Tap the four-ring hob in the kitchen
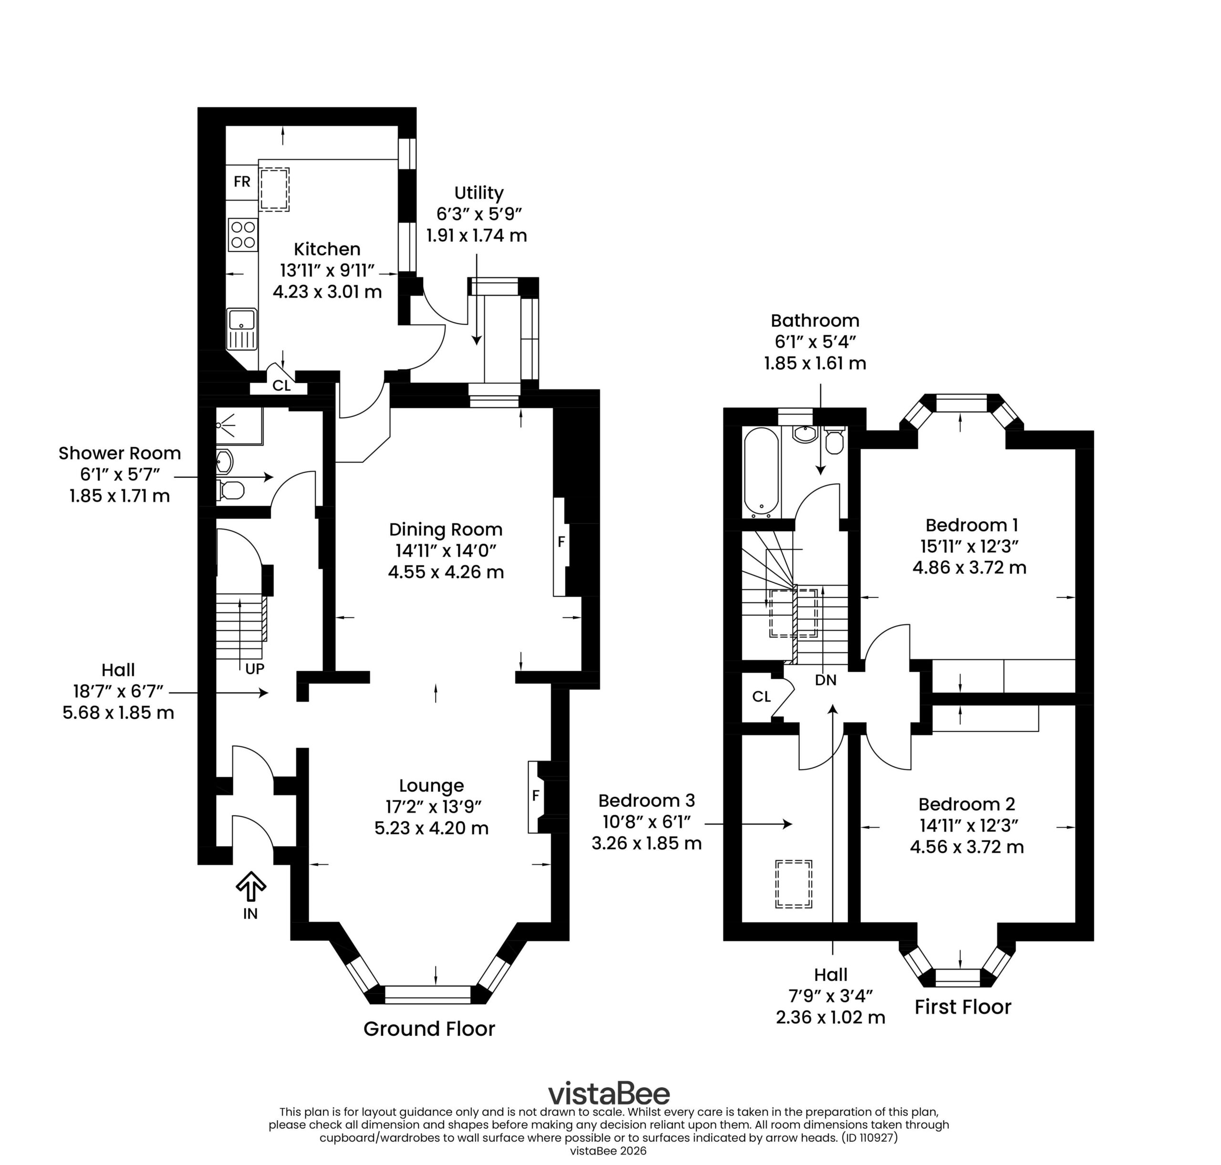pos(243,235)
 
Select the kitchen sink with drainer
pos(242,329)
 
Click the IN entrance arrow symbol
pos(250,886)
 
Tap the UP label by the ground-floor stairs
pos(255,669)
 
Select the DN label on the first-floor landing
pos(826,680)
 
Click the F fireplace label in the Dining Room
pos(561,542)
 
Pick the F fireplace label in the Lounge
pos(535,795)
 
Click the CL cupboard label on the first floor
pos(761,697)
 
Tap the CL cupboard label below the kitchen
pos(281,386)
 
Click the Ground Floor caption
pos(429,1029)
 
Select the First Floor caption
pos(962,1007)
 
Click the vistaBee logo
pos(608,1093)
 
